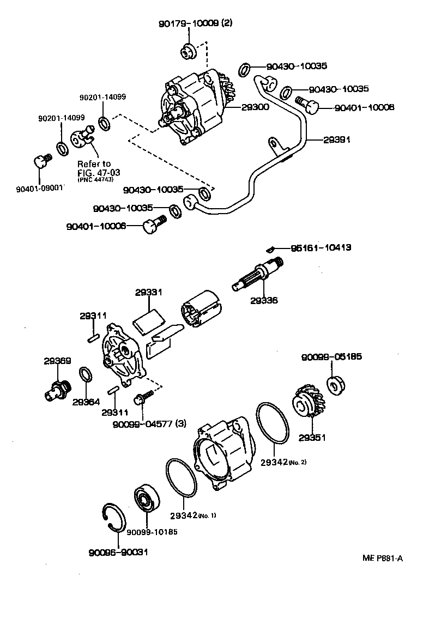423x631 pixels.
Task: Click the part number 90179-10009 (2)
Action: coord(195,24)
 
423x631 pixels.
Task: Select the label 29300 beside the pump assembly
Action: coord(255,108)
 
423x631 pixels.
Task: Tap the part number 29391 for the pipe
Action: coord(336,140)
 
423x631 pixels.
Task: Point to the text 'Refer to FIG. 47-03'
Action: coord(95,168)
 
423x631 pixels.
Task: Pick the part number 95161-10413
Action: coord(320,247)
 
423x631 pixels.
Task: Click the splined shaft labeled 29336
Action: coord(256,274)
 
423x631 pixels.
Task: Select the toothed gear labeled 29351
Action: coord(309,403)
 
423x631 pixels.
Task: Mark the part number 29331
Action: coord(148,293)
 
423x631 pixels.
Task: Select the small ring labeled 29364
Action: coord(86,375)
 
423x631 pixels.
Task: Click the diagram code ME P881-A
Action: coord(382,557)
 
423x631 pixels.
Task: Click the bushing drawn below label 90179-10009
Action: coord(188,51)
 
